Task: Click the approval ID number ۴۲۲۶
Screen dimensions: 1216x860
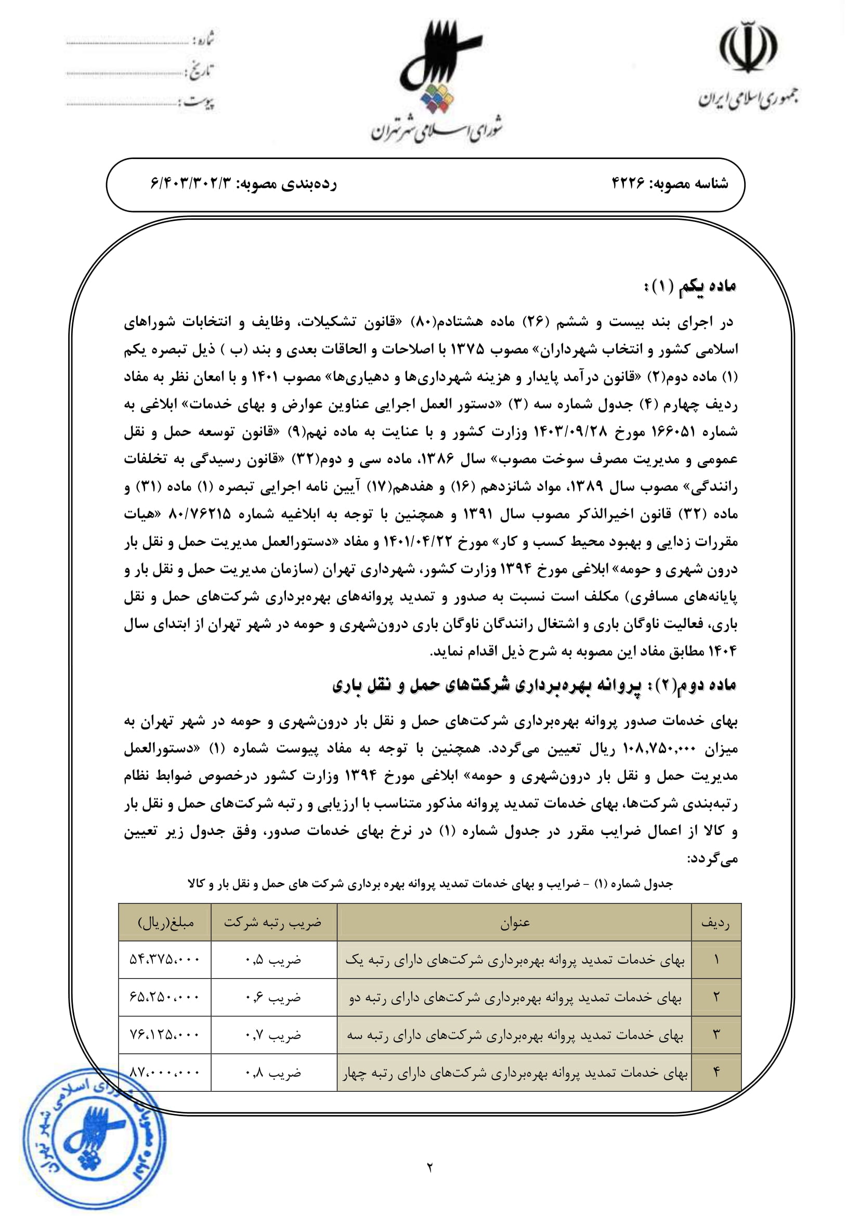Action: pyautogui.click(x=629, y=184)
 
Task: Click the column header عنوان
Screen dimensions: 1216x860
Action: pyautogui.click(x=514, y=923)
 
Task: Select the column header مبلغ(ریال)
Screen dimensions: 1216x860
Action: pyautogui.click(x=165, y=923)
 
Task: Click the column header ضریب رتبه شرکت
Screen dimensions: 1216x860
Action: pyautogui.click(x=273, y=923)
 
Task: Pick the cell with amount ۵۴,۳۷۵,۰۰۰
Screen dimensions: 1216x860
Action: pyautogui.click(x=165, y=959)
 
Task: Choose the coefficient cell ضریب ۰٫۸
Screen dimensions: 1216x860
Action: pyautogui.click(x=273, y=1073)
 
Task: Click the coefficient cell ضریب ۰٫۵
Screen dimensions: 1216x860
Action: pyautogui.click(x=273, y=959)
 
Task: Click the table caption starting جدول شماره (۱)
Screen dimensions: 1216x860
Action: pyautogui.click(x=429, y=884)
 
